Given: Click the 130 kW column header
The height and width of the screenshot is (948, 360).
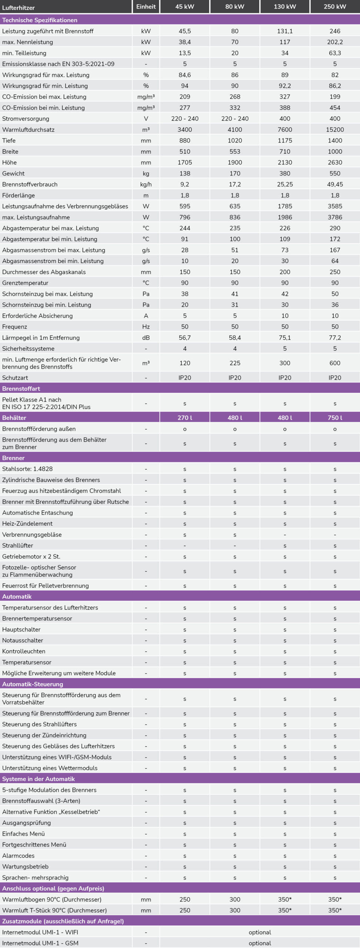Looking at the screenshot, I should pyautogui.click(x=284, y=7).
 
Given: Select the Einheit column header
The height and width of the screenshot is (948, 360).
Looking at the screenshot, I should pyautogui.click(x=146, y=7).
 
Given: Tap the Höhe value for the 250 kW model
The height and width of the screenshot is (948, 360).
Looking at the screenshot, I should pyautogui.click(x=335, y=162).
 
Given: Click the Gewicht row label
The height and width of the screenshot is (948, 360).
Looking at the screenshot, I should pyautogui.click(x=13, y=173).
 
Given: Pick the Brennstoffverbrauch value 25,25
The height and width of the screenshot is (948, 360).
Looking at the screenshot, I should pyautogui.click(x=284, y=184).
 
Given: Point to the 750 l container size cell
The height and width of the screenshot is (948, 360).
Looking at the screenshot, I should pyautogui.click(x=335, y=418).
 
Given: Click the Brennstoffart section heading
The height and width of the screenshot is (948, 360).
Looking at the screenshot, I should pyautogui.click(x=21, y=388).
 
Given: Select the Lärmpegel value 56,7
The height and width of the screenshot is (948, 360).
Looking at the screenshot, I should pyautogui.click(x=184, y=337).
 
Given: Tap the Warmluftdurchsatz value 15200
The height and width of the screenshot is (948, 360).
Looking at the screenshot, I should pyautogui.click(x=335, y=130).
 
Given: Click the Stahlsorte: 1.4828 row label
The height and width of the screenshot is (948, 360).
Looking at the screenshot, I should pyautogui.click(x=27, y=469).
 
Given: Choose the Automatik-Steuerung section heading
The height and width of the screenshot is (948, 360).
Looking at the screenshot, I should pyautogui.click(x=33, y=684).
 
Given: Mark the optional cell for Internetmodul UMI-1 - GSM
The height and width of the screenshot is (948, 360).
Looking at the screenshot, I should pyautogui.click(x=260, y=943).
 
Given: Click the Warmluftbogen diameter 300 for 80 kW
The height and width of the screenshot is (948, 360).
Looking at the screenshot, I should pyautogui.click(x=235, y=899).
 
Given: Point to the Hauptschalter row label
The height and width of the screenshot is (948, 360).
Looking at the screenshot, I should pyautogui.click(x=21, y=629).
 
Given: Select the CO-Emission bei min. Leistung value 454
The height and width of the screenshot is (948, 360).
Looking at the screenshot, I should pyautogui.click(x=335, y=108).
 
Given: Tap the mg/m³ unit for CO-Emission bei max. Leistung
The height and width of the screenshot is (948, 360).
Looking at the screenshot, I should pyautogui.click(x=146, y=97).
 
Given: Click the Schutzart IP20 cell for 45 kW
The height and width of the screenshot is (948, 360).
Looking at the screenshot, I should pyautogui.click(x=184, y=378).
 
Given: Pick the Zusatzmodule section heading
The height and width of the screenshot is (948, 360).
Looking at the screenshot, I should pyautogui.click(x=63, y=921).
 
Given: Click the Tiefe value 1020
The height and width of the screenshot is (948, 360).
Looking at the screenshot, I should pyautogui.click(x=235, y=140).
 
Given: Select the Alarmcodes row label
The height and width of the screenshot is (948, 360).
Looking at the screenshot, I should pyautogui.click(x=18, y=855).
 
